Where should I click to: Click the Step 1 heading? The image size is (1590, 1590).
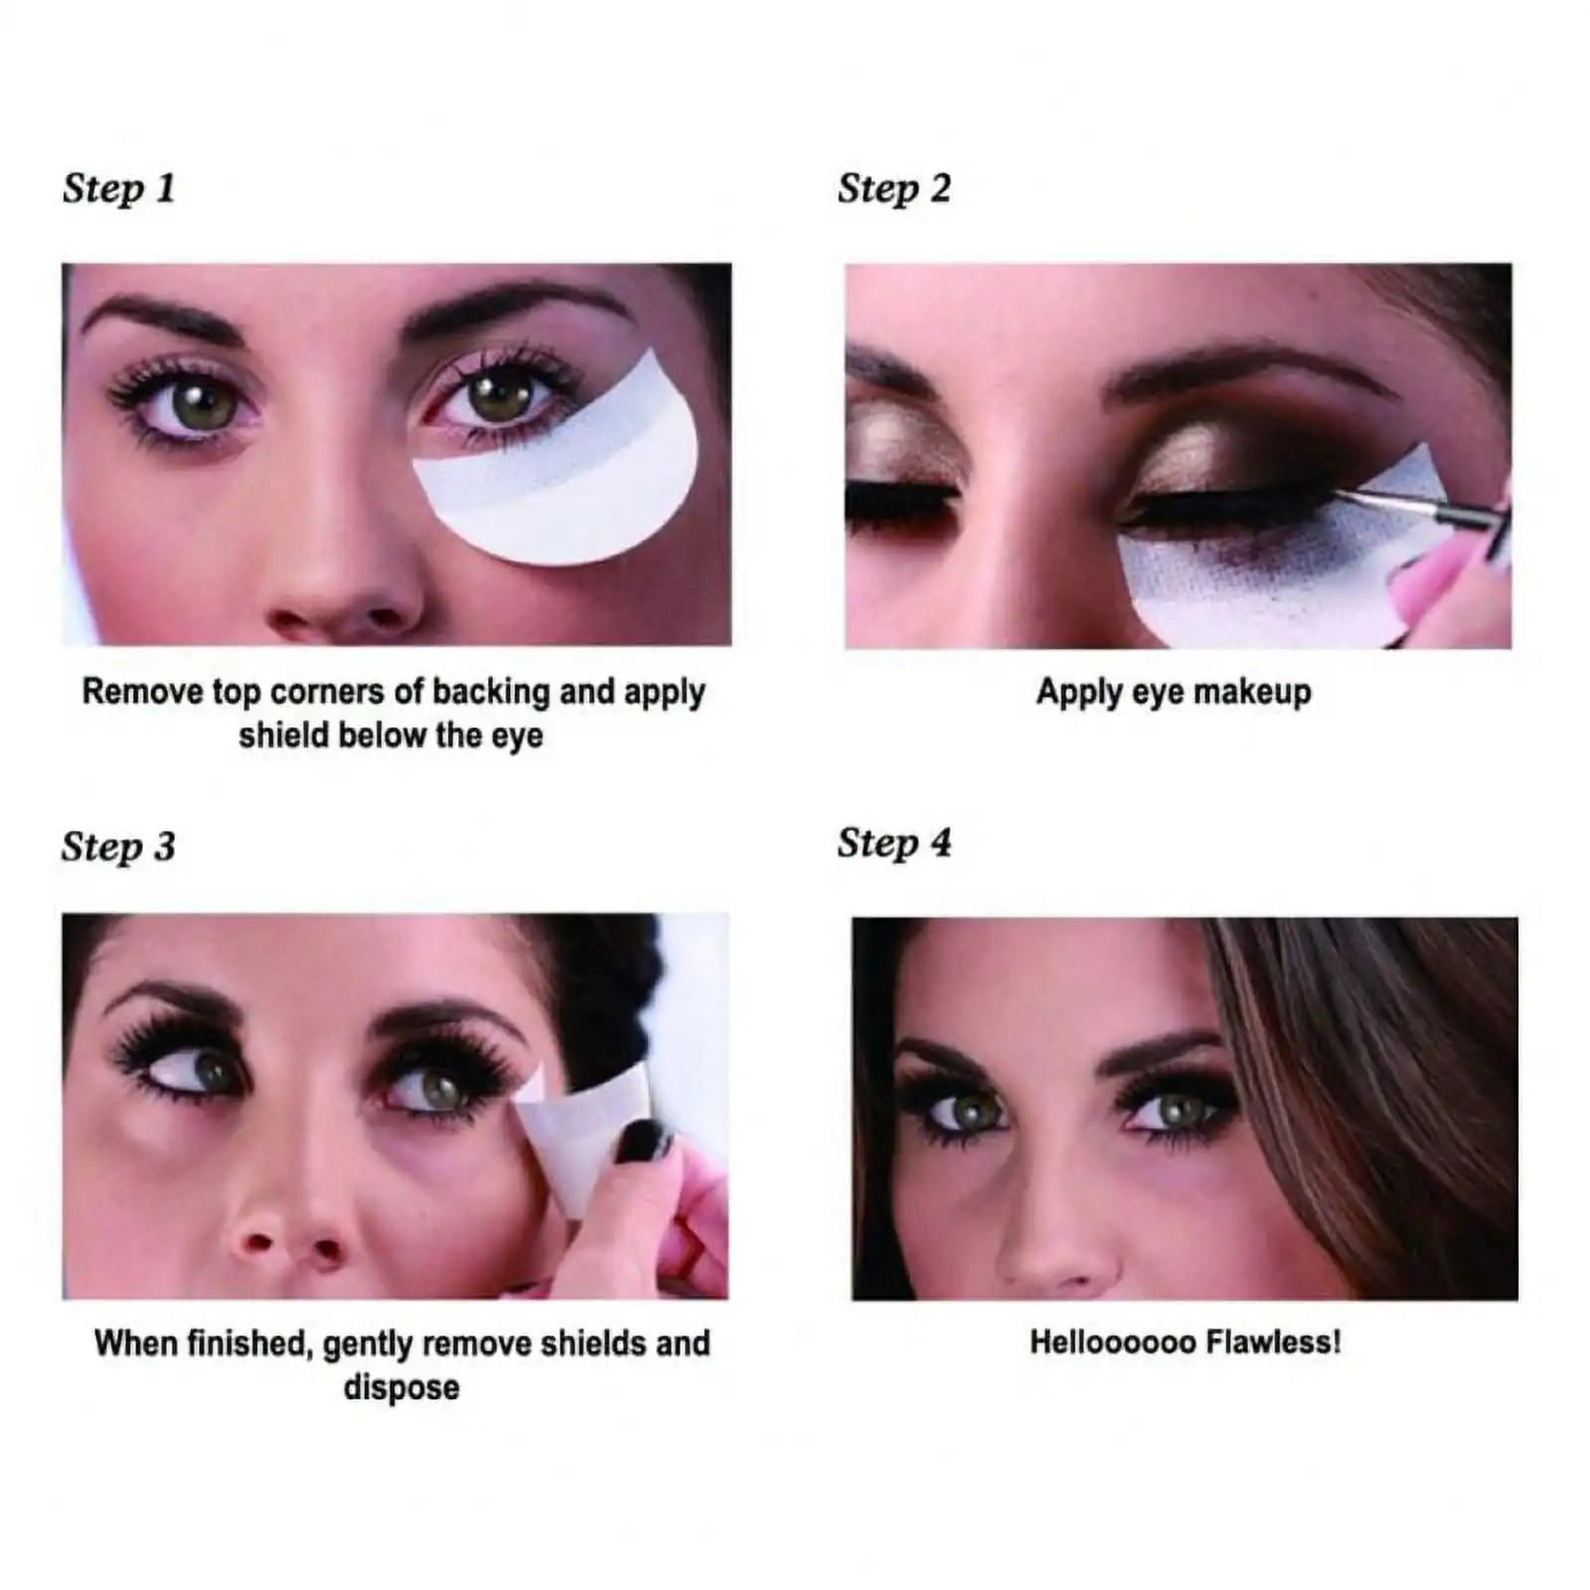click(x=118, y=189)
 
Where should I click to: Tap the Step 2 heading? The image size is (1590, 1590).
click(x=893, y=189)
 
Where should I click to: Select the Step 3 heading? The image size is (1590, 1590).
click(x=118, y=848)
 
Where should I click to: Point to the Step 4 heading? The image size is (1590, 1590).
click(x=893, y=844)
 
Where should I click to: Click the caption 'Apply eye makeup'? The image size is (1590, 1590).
click(x=1174, y=692)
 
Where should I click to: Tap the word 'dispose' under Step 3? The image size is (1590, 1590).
click(x=400, y=1387)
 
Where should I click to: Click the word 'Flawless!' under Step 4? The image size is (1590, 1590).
click(x=1273, y=1343)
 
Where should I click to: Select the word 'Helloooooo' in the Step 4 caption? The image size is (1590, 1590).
click(x=1112, y=1343)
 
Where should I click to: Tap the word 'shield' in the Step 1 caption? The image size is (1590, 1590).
click(x=284, y=736)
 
